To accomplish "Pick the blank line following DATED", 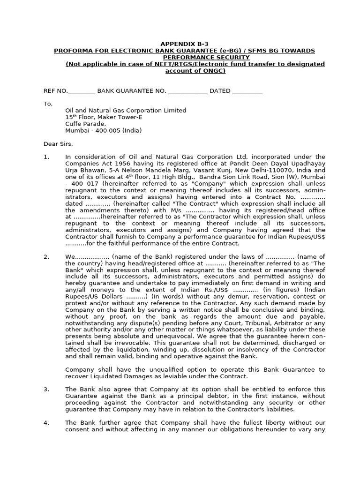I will coord(247,91).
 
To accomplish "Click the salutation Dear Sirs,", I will coord(58,144).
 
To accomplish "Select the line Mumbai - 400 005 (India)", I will coord(103,131).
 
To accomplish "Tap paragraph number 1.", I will coord(46,157).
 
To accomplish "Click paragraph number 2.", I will coord(46,257).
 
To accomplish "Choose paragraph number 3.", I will coord(46,389).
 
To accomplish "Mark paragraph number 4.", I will coord(46,423).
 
